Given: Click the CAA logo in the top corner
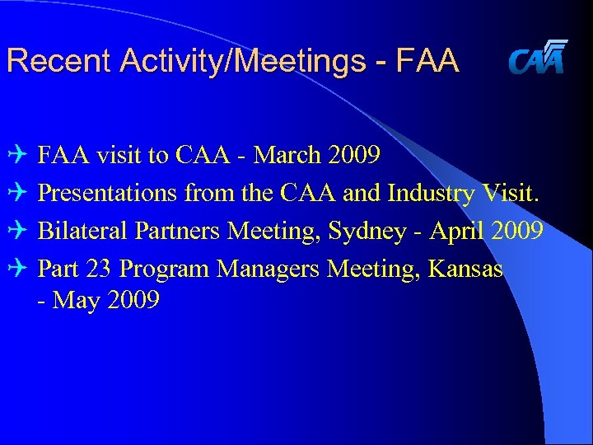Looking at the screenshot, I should [x=537, y=58].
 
